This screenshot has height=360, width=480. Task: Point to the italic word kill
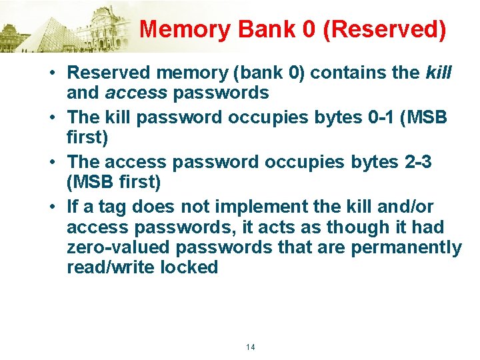point(438,72)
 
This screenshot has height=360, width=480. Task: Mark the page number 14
point(251,347)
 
